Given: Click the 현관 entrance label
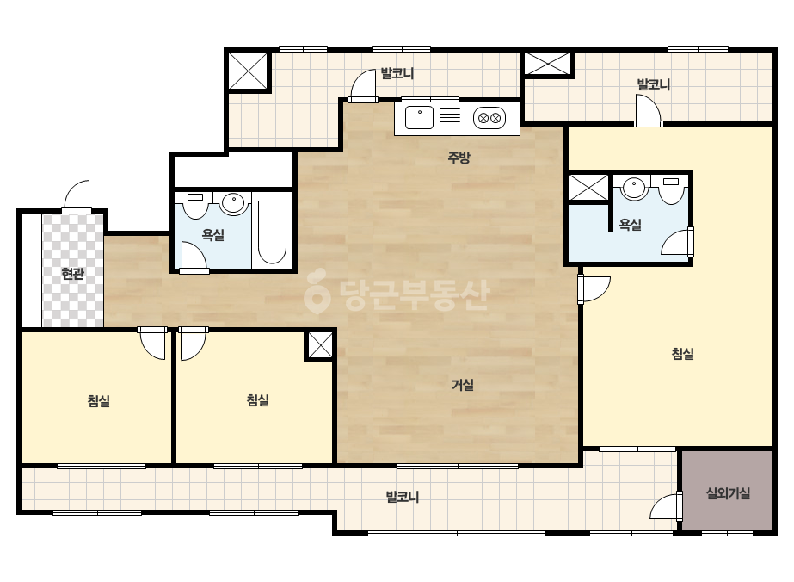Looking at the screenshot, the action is (x=72, y=275).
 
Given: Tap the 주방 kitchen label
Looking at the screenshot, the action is (x=459, y=158).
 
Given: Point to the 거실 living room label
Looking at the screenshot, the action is (x=462, y=386).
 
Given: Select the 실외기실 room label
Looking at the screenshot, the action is (x=728, y=493).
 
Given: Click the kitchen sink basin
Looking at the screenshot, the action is (x=419, y=118).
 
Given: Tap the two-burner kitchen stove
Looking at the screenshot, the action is (x=489, y=118).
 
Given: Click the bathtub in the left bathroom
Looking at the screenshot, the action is (x=273, y=232).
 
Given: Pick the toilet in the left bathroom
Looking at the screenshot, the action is (x=195, y=205).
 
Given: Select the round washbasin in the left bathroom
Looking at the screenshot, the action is (x=233, y=203).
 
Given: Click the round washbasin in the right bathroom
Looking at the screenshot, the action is (x=633, y=188).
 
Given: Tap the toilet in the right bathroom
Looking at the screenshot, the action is (x=671, y=189).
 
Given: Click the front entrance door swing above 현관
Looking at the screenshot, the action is (x=77, y=196).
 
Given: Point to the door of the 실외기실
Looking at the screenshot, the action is (x=666, y=506).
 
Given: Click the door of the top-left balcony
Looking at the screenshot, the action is (x=362, y=86).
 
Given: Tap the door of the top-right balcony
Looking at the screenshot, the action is (x=648, y=110).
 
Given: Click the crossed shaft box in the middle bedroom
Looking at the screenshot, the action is (x=320, y=345).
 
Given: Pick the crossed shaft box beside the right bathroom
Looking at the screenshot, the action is (x=588, y=187).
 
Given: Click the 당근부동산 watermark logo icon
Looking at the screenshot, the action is (x=317, y=290).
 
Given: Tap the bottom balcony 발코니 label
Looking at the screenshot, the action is (x=403, y=497).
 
